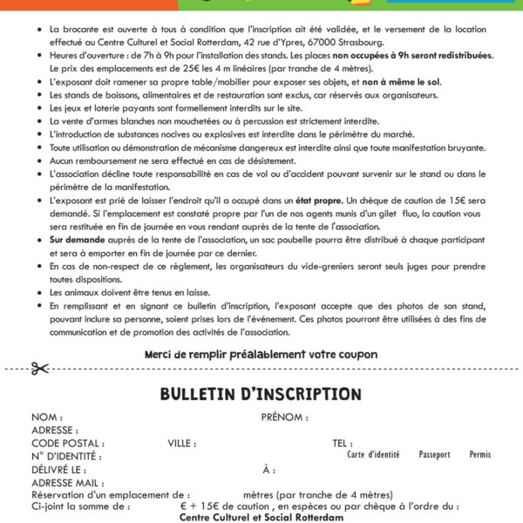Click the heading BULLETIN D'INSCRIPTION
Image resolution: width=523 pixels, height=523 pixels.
261,395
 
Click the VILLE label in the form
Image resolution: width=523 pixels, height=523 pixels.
182,443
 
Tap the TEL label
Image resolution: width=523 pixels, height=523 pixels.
343,443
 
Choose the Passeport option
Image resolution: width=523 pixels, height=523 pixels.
434,455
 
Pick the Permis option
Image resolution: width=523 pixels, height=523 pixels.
479,455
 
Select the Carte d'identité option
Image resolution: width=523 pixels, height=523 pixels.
373,455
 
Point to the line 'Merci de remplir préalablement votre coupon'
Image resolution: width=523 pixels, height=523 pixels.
261,354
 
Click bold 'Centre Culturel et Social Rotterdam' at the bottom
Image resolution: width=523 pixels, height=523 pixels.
261,517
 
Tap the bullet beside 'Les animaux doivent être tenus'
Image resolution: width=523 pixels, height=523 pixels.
41,295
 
